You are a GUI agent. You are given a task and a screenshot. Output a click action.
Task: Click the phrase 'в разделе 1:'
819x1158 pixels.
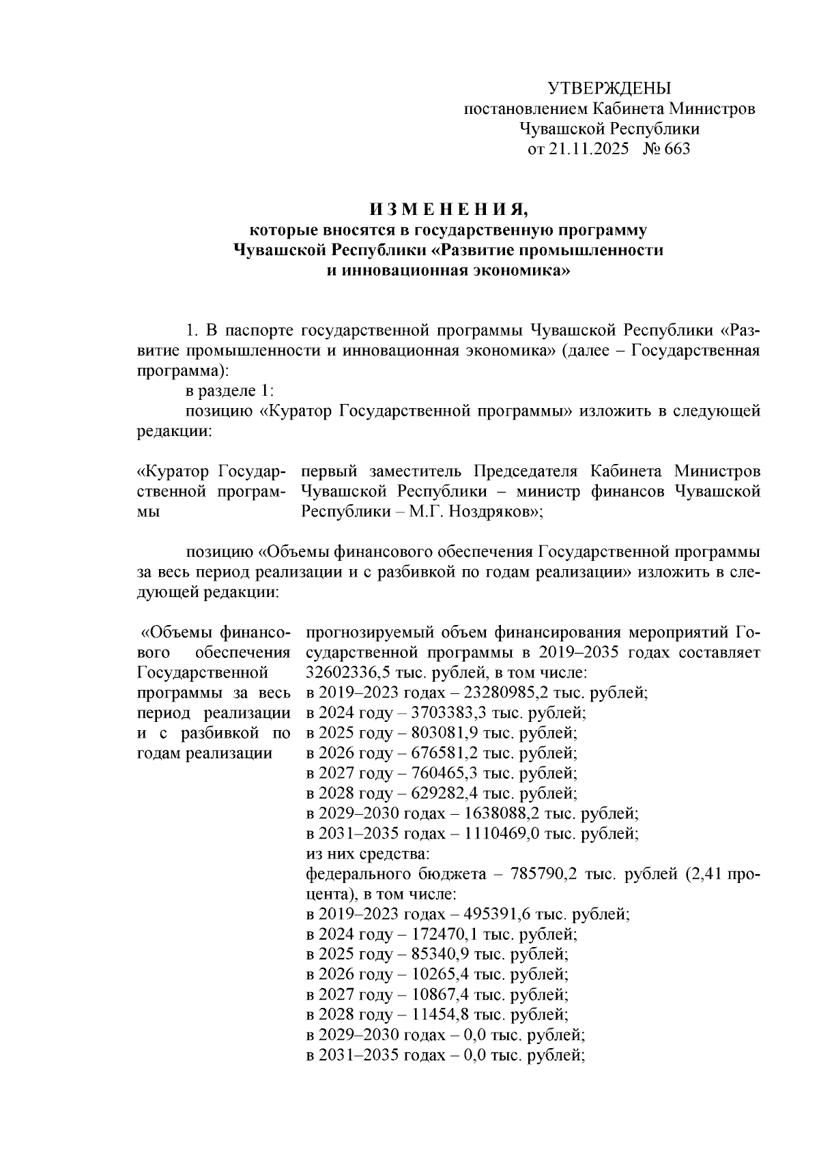(229, 392)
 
